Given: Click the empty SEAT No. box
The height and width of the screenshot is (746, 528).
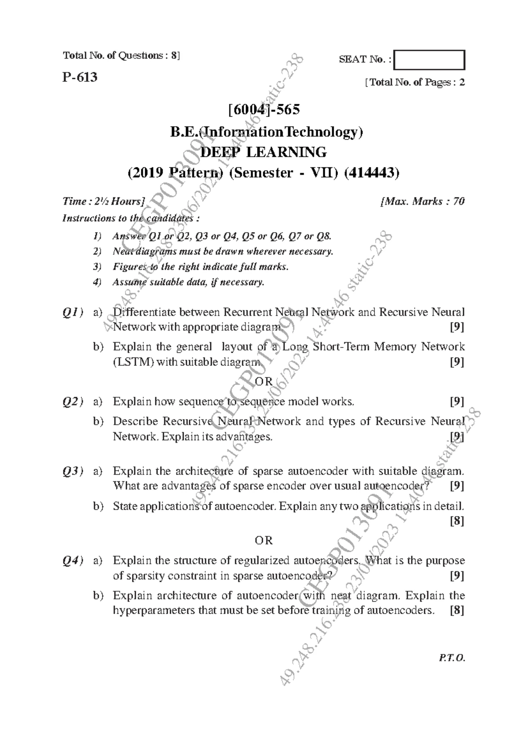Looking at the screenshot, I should coord(429,60).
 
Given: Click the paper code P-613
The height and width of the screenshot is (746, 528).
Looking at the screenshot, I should coord(80,77).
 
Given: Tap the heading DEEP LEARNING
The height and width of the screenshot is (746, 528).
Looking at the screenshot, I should coord(263,152).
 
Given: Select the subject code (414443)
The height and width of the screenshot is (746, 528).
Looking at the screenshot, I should coord(372,173).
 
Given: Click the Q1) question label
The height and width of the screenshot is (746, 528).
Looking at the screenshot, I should coord(73,312).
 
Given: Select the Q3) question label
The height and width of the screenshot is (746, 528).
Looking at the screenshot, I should coord(73,471).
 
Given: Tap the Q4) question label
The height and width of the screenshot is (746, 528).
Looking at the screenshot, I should coord(73,560).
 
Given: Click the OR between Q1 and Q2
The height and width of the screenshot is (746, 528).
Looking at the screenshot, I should coord(264,381).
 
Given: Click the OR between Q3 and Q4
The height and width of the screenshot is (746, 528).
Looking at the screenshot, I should coord(264,540).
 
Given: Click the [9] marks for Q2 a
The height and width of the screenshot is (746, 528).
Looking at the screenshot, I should coord(457,402).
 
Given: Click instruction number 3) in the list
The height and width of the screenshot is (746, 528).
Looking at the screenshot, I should coord(97,267).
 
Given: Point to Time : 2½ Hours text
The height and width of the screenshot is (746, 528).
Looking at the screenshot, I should coord(104,201).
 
